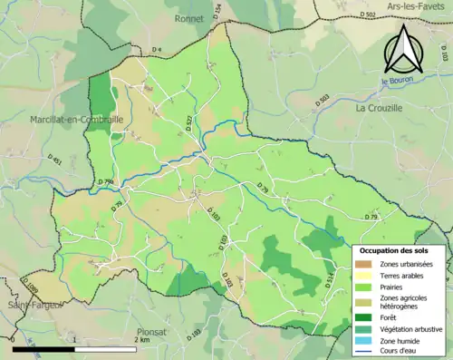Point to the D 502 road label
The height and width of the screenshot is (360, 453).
click(x=367, y=15)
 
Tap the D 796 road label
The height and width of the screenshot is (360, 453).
click(x=106, y=182)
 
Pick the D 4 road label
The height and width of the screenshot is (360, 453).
click(x=157, y=49)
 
